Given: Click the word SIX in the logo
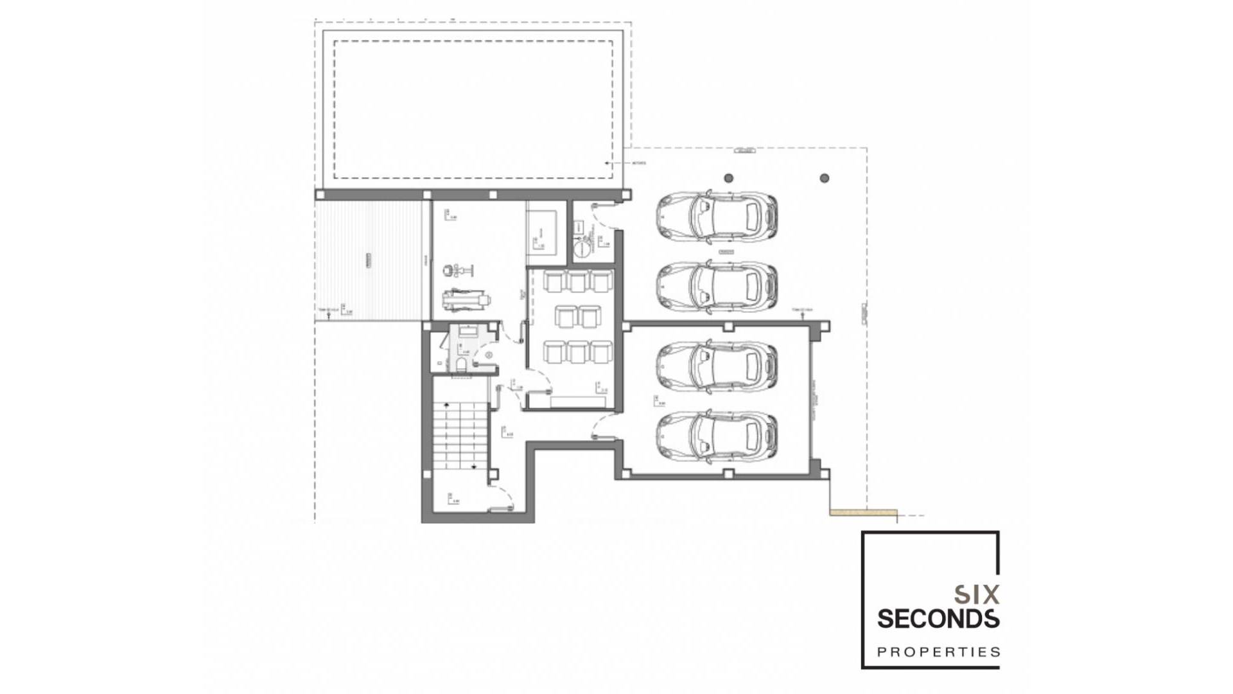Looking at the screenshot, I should pos(976,594).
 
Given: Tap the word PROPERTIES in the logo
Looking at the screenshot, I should pos(938,652).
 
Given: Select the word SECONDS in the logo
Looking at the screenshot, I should pos(938,619).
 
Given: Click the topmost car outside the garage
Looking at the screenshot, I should pos(717,217).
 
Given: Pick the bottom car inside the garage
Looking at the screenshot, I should pos(717,437).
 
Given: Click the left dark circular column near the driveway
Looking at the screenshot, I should pos(728,178).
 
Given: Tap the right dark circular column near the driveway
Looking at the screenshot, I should pos(825,178).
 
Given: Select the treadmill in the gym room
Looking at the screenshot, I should pos(464,300).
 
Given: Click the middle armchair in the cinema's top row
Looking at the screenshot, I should pos(578,281).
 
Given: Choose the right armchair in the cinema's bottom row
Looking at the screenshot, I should pos(600,352).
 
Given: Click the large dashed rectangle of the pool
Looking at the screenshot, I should pos(473,109).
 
